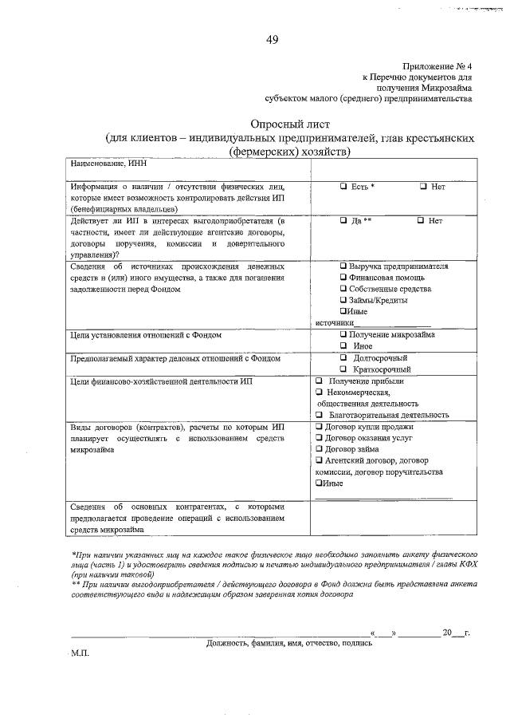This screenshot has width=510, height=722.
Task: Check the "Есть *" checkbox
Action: (343, 187)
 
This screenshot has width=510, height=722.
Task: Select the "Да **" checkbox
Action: (343, 220)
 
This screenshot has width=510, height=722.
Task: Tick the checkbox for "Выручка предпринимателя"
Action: (343, 266)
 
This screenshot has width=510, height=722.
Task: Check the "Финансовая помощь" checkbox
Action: (343, 277)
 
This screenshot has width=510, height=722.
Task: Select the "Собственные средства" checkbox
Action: (343, 288)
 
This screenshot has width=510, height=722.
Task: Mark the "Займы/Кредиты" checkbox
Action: (343, 300)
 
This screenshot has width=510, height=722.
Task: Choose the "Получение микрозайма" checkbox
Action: (343, 335)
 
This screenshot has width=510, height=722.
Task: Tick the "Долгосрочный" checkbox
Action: (343, 358)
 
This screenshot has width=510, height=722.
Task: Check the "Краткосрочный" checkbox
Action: (343, 369)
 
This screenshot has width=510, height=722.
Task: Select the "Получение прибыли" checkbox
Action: (319, 381)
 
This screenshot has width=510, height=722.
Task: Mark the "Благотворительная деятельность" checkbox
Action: (319, 415)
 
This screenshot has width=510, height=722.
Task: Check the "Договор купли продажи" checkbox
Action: (319, 427)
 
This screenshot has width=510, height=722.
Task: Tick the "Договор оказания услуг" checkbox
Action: (319, 438)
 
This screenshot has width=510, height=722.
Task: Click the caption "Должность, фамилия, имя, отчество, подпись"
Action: (288, 642)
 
